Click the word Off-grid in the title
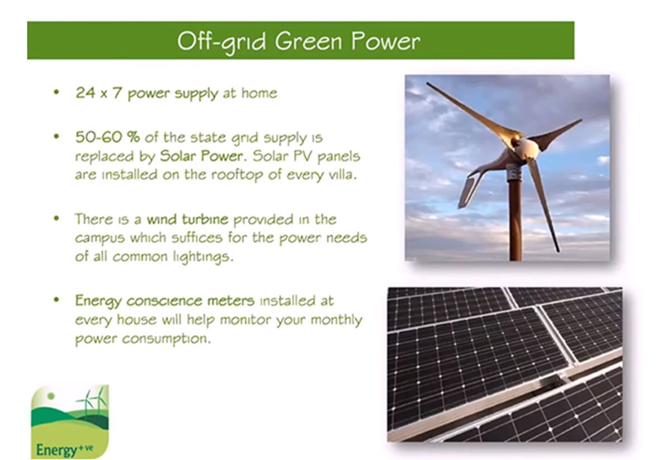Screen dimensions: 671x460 pyautogui.click(x=221, y=42)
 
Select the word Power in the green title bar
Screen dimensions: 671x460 pyautogui.click(x=386, y=41)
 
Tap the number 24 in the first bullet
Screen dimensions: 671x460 pyautogui.click(x=85, y=93)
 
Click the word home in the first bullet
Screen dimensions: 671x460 pyautogui.click(x=259, y=93)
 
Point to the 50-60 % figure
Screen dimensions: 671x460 pyautogui.click(x=107, y=137)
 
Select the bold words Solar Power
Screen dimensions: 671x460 pyautogui.click(x=202, y=156)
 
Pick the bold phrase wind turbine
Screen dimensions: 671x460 pyautogui.click(x=187, y=219)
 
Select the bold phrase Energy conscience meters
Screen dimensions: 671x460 pyautogui.click(x=165, y=301)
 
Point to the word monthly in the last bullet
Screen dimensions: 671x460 pyautogui.click(x=337, y=320)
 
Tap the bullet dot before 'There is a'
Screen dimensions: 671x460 pyautogui.click(x=56, y=218)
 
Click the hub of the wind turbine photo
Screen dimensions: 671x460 pyautogui.click(x=528, y=148)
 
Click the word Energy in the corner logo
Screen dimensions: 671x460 pyautogui.click(x=56, y=450)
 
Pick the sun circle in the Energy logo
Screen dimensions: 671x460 pyautogui.click(x=51, y=396)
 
